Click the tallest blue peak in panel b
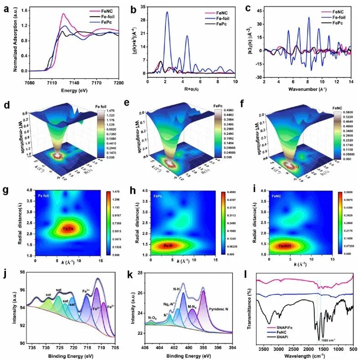tap(167, 13)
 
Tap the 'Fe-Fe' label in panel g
tap(69, 228)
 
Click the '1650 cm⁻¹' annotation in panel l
tap(330, 340)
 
